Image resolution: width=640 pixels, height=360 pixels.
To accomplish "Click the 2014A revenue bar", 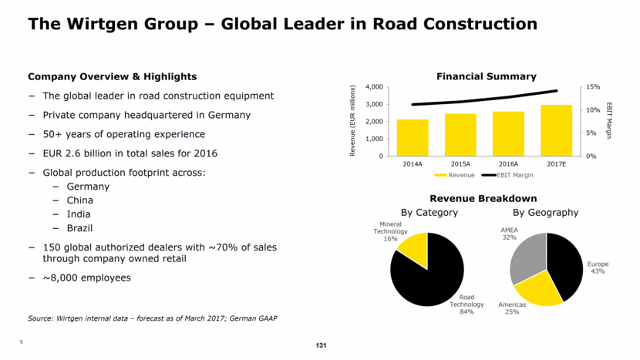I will [413, 138].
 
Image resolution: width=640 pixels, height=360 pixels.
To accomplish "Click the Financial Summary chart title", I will [486, 76].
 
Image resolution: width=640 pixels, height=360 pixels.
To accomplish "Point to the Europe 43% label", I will [598, 267].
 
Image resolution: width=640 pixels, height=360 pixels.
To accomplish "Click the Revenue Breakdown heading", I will [483, 199].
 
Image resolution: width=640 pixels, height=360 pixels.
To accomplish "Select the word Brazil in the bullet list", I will [79, 228].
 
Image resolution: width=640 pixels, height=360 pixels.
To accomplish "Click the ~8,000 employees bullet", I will [86, 278].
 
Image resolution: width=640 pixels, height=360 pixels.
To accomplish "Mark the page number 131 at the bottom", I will [321, 345].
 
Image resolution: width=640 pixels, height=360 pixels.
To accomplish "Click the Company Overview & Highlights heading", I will [112, 76].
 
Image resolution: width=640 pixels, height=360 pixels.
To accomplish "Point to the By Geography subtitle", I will [545, 212].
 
